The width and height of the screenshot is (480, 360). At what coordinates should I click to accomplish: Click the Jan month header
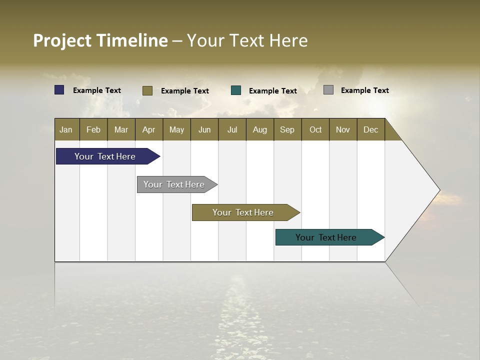click(66, 129)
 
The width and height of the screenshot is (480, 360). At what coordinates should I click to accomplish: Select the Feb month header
click(93, 129)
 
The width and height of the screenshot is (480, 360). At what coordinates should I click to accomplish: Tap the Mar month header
click(121, 129)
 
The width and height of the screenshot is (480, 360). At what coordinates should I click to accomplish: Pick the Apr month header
click(148, 129)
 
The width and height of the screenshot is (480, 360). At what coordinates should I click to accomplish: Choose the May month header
click(176, 129)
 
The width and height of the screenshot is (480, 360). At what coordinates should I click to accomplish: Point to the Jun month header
click(204, 129)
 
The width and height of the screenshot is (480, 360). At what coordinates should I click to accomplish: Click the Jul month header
click(232, 129)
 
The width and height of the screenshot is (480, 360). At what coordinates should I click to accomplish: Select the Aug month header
click(259, 129)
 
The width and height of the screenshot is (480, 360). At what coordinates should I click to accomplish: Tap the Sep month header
click(287, 129)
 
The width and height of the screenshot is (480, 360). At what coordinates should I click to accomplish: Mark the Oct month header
click(315, 129)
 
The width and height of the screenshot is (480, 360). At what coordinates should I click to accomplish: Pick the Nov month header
click(343, 129)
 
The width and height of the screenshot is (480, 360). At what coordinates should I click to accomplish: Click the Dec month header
click(370, 129)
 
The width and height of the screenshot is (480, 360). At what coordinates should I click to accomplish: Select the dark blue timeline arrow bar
click(105, 156)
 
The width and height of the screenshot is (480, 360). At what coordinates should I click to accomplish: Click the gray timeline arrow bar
click(174, 184)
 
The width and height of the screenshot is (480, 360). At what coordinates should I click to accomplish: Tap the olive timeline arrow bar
click(243, 212)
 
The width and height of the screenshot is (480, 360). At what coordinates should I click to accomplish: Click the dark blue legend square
click(59, 90)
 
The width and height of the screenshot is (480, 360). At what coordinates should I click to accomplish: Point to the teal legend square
click(236, 90)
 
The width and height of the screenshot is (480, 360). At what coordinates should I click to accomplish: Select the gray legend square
click(328, 90)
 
